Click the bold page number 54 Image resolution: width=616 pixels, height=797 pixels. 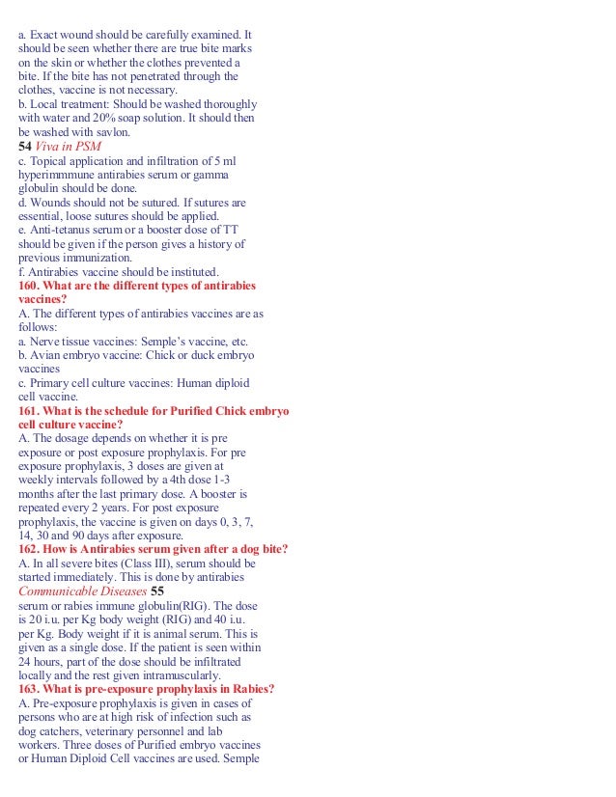(25, 146)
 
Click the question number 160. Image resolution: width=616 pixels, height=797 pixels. (31, 285)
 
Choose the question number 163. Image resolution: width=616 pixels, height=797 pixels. (31, 689)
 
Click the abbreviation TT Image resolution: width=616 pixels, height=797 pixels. (229, 230)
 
